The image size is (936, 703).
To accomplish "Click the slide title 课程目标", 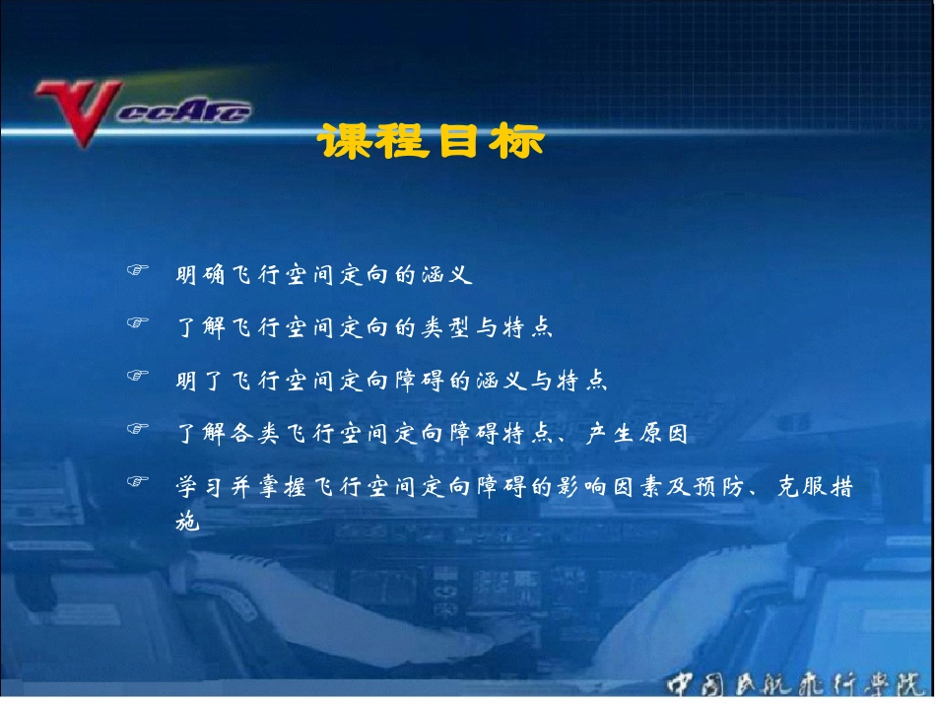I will pyautogui.click(x=432, y=142).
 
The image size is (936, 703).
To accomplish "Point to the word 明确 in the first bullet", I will pyautogui.click(x=200, y=275).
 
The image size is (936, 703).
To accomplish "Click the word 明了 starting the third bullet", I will pyautogui.click(x=200, y=380).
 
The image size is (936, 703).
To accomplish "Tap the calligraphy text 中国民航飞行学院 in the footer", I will pyautogui.click(x=797, y=683).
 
